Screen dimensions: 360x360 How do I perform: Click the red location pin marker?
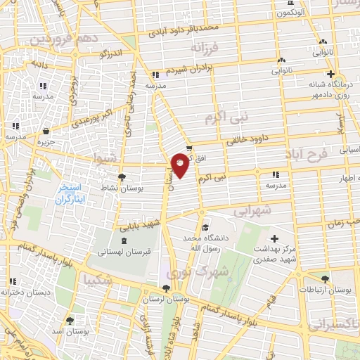point(180,165)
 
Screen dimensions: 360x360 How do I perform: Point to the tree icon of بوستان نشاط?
point(123,177)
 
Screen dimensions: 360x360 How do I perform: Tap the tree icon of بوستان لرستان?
point(166,288)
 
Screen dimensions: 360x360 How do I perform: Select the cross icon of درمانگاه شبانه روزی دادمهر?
point(330,75)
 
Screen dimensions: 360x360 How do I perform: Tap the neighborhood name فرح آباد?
point(306,153)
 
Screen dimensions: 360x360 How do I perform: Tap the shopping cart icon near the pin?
point(188,148)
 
